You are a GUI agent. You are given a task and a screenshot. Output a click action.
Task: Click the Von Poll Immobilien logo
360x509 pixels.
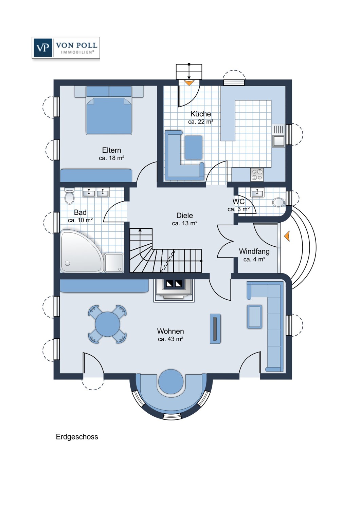[66, 48]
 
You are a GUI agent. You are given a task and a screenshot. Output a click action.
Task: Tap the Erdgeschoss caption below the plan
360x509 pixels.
[77, 437]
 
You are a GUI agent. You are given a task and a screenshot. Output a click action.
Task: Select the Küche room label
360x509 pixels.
[200, 114]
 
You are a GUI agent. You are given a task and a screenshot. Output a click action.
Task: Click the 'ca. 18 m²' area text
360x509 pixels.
[111, 158]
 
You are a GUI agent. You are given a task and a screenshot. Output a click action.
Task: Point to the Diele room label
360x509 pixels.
[184, 215]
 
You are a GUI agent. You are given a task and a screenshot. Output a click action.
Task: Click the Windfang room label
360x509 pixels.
[254, 251]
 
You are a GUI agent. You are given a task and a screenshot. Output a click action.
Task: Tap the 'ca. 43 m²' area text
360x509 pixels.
[170, 339]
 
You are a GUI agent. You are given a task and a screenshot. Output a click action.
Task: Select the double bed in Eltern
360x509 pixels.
[109, 114]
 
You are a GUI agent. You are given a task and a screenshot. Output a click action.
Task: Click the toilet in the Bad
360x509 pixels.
[69, 196]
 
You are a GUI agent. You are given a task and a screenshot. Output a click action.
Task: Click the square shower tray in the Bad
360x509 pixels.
[114, 263]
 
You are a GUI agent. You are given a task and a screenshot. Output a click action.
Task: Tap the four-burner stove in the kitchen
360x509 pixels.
[256, 174]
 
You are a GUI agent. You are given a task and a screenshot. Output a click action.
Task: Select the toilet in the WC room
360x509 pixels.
[279, 203]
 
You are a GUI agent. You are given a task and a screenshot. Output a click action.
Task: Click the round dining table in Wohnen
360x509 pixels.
[107, 324]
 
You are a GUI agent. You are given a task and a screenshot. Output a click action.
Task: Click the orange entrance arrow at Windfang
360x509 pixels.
[287, 236]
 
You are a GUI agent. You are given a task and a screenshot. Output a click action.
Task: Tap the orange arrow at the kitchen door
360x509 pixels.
[189, 82]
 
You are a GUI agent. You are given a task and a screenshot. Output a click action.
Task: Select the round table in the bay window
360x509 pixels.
[170, 381]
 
